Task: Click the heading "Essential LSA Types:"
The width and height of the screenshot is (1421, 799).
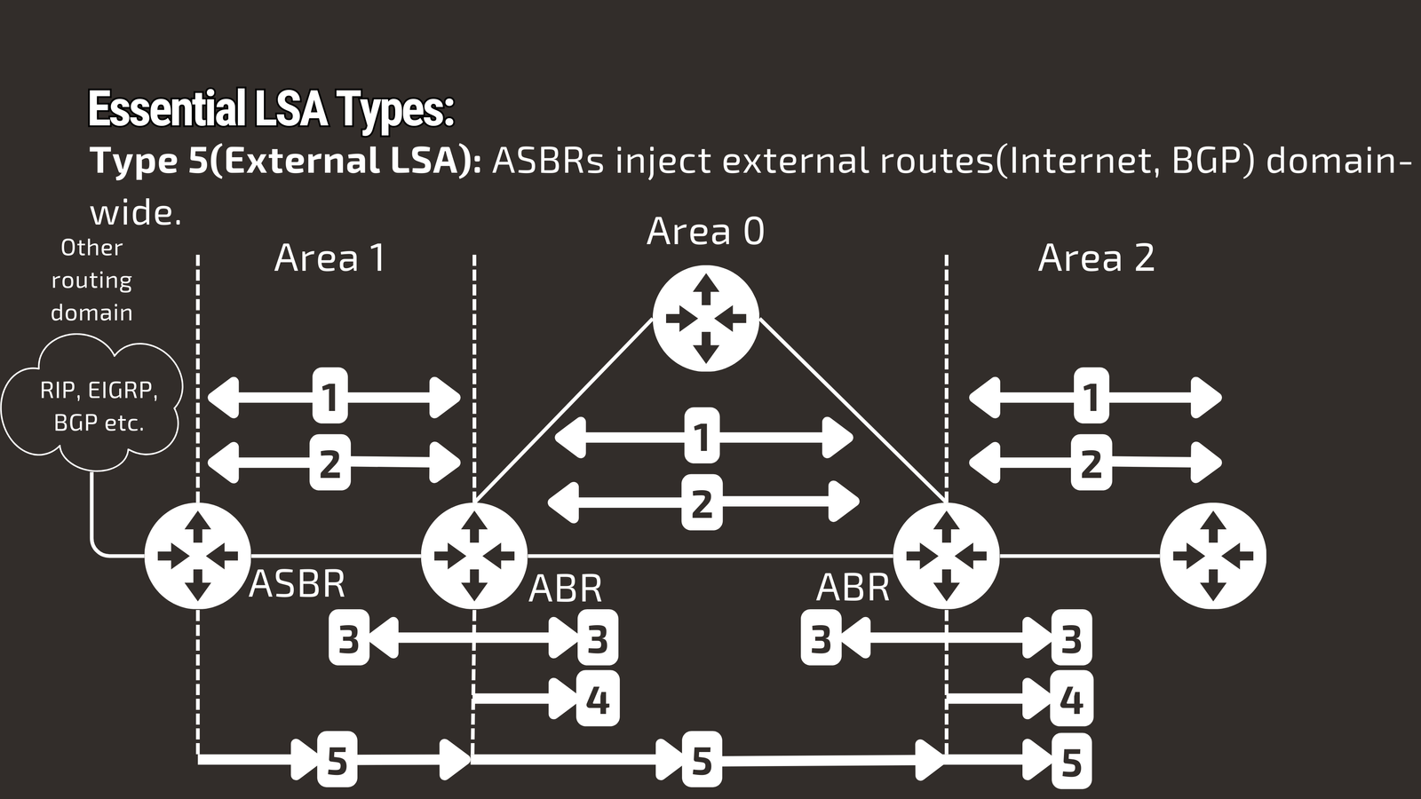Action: pyautogui.click(x=271, y=109)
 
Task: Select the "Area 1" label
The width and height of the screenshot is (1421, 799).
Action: pyautogui.click(x=329, y=258)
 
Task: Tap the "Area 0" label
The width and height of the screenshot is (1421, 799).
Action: pyautogui.click(x=705, y=232)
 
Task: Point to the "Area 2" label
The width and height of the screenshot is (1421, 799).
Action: pyautogui.click(x=1096, y=258)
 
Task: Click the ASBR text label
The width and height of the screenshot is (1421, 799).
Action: pyautogui.click(x=297, y=584)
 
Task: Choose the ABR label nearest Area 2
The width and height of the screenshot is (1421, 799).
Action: pyautogui.click(x=853, y=588)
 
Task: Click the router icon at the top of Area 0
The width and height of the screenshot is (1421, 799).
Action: pyautogui.click(x=705, y=319)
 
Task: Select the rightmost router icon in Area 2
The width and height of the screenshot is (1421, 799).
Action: pyautogui.click(x=1212, y=556)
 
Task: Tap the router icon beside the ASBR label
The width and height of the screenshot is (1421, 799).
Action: pyautogui.click(x=197, y=556)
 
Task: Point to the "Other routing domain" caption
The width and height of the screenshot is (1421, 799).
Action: pyautogui.click(x=91, y=280)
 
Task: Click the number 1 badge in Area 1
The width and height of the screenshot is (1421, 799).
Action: pyautogui.click(x=329, y=397)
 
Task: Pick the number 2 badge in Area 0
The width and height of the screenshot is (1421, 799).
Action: pyautogui.click(x=702, y=503)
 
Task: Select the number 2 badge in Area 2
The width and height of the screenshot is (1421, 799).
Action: pyautogui.click(x=1091, y=463)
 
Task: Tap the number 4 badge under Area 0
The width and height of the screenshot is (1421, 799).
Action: pyautogui.click(x=598, y=700)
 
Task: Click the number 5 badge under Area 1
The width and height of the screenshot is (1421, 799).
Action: pyautogui.click(x=337, y=760)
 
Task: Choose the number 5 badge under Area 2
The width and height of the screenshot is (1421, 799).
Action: pyautogui.click(x=1071, y=762)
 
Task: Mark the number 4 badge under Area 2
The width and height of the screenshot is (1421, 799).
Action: pyautogui.click(x=1071, y=700)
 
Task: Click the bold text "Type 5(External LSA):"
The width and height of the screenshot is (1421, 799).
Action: pyautogui.click(x=285, y=162)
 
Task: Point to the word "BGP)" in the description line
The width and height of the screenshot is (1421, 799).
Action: pyautogui.click(x=1212, y=162)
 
